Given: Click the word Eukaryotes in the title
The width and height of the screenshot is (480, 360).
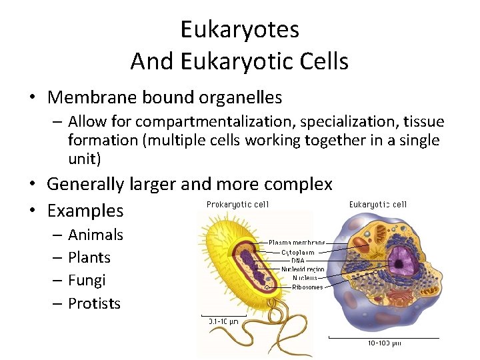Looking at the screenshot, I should pyautogui.click(x=239, y=29).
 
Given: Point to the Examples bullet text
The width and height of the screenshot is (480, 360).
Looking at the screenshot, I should pyautogui.click(x=85, y=211).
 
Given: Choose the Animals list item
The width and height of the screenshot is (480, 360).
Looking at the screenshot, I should pyautogui.click(x=95, y=235).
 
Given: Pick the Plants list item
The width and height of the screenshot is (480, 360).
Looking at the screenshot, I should pyautogui.click(x=89, y=257).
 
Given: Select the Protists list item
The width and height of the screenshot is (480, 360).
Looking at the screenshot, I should pyautogui.click(x=94, y=303).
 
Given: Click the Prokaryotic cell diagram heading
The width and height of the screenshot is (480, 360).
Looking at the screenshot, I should pyautogui.click(x=237, y=205).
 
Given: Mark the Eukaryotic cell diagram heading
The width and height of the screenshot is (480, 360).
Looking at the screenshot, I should pyautogui.click(x=377, y=205).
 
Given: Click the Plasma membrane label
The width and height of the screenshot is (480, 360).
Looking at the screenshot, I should pyautogui.click(x=297, y=243).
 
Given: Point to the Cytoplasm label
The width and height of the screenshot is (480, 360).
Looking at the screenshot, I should pyautogui.click(x=297, y=252).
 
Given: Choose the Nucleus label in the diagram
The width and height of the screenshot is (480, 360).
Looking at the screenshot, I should pyautogui.click(x=305, y=278).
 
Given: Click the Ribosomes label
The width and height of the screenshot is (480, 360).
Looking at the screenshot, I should pyautogui.click(x=307, y=287).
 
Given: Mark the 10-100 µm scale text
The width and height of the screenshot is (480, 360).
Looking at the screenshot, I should pyautogui.click(x=384, y=343).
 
